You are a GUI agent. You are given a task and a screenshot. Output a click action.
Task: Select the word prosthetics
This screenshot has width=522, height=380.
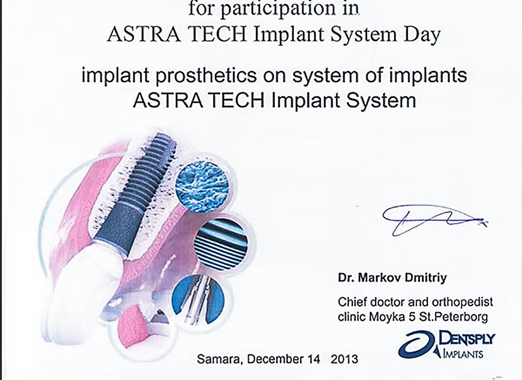click(x=206, y=76)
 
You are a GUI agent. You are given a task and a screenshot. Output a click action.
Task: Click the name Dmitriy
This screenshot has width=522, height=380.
click(x=426, y=277)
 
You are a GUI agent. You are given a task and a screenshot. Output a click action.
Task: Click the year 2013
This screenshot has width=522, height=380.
click(x=345, y=359)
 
